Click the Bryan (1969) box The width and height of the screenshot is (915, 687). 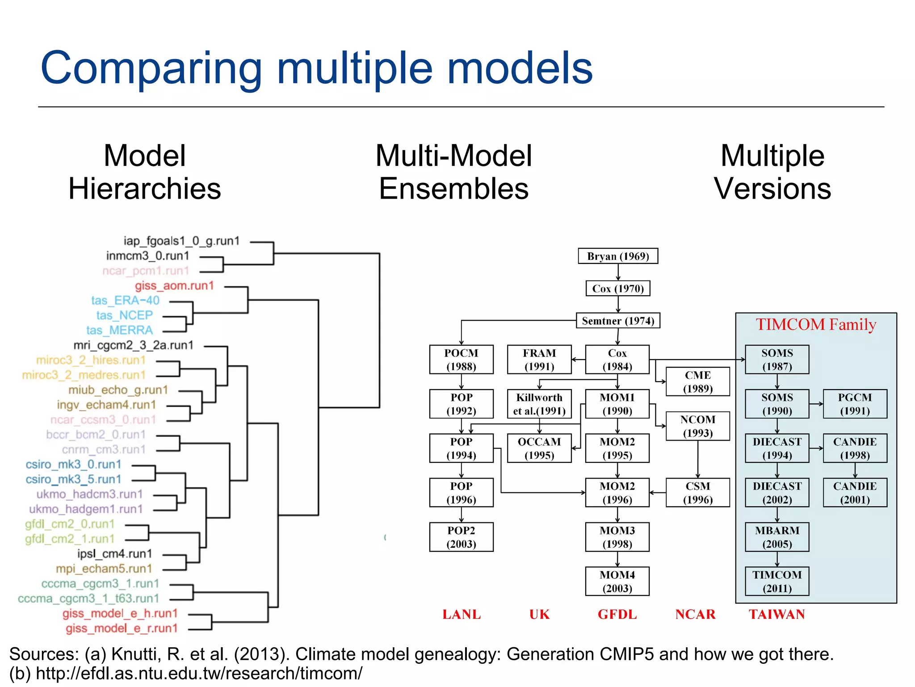tap(617, 256)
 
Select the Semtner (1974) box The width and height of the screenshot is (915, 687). tap(617, 321)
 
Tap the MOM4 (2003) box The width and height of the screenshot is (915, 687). tap(617, 581)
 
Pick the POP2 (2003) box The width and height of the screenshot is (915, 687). tap(461, 537)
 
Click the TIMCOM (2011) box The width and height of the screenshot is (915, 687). tap(776, 581)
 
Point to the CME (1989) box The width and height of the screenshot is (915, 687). tap(697, 382)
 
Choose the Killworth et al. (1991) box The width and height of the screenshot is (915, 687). tap(539, 404)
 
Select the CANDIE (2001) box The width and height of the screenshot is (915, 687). tap(854, 492)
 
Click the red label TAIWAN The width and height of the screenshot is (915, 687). tap(776, 615)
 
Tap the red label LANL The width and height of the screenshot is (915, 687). tap(462, 615)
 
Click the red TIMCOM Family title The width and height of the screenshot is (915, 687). tap(816, 325)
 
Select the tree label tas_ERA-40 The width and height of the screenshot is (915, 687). tap(125, 301)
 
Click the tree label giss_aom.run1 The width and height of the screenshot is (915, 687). tap(174, 286)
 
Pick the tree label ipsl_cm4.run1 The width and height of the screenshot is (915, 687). tap(114, 554)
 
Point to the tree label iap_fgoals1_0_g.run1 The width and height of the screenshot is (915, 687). tap(181, 241)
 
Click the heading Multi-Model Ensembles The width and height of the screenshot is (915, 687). tap(453, 172)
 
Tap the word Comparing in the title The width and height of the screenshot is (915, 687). tap(151, 68)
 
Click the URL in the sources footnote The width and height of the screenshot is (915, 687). tap(199, 673)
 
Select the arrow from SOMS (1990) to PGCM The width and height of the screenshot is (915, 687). tap(816, 404)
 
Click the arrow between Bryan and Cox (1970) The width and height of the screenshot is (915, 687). tap(618, 272)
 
